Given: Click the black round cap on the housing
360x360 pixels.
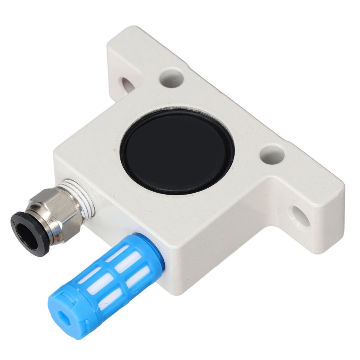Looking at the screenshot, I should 177,151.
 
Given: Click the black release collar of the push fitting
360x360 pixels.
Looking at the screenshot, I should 28,233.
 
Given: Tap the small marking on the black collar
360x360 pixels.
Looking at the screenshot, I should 14,220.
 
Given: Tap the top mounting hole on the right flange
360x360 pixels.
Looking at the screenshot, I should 272,154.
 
